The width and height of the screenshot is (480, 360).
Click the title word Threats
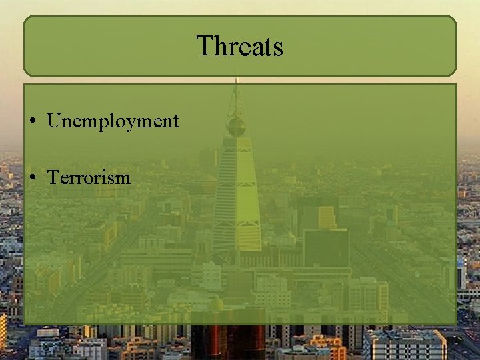pyautogui.click(x=240, y=47)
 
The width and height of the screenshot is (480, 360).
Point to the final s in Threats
pyautogui.click(x=278, y=49)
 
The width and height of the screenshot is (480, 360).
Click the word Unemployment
pyautogui.click(x=113, y=121)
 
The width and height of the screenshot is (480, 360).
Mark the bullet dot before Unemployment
pyautogui.click(x=33, y=121)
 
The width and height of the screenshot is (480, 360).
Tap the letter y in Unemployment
pyautogui.click(x=133, y=124)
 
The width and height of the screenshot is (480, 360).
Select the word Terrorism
pyautogui.click(x=89, y=177)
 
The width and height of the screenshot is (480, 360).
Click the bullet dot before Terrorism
pyautogui.click(x=33, y=178)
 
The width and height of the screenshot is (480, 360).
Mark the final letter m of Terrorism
pyautogui.click(x=122, y=179)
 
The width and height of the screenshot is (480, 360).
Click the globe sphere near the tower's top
pyautogui.click(x=236, y=127)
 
